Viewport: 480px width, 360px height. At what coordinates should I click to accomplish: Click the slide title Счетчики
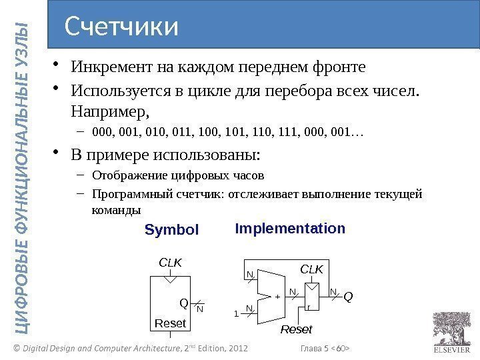coord(122,27)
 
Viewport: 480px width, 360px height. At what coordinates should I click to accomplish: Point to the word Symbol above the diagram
coord(172,230)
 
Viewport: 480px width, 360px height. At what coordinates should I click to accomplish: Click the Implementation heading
coord(290,229)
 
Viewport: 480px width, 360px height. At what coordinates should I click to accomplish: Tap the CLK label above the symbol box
coord(171,263)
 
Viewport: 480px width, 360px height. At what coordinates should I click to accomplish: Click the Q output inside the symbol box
coord(185,303)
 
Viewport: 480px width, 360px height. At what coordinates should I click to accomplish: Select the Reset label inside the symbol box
coord(171,324)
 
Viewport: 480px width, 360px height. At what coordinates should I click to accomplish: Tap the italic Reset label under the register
coord(296,330)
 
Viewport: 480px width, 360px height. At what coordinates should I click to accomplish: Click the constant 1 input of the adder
coord(235,312)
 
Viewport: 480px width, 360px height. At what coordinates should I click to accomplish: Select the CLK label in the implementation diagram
coord(311,269)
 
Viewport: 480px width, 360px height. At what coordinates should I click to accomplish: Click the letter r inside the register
coord(308,307)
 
